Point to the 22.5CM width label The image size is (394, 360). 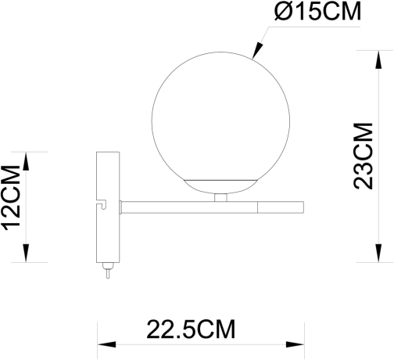(191, 329)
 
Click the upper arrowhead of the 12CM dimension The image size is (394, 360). (27, 160)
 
